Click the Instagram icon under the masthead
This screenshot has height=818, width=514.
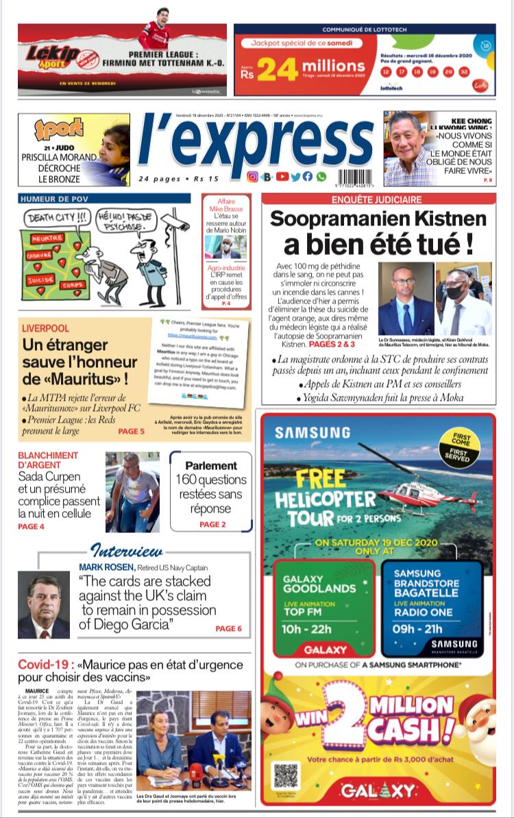point(252,177)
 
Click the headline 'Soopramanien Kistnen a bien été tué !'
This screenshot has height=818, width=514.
point(379,231)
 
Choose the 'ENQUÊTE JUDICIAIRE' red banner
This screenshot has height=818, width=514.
point(379,199)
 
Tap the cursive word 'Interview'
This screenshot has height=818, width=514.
point(127,551)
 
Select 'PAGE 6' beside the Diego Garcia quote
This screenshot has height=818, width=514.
point(228,628)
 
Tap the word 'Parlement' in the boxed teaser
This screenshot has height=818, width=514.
point(210,465)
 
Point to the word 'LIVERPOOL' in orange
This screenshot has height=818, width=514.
point(45,329)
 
